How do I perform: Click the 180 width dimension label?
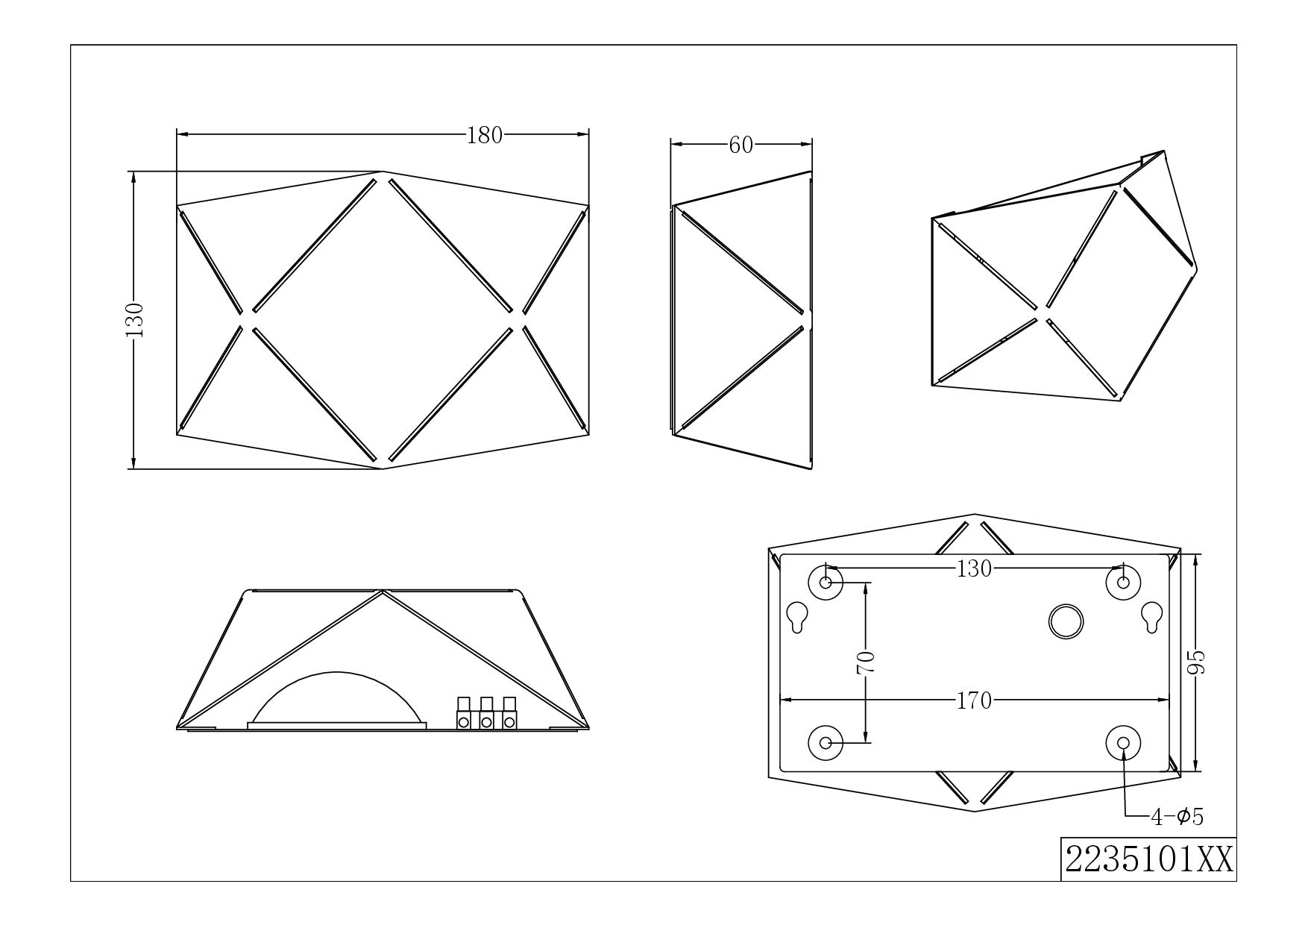(485, 135)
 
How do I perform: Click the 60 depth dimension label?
(741, 145)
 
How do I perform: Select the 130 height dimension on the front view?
(135, 319)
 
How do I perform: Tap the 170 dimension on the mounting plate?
(975, 700)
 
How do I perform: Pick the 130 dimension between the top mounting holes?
(975, 569)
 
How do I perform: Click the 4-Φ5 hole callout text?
(1177, 817)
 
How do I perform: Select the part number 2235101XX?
(1148, 859)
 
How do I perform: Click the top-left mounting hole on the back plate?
(826, 582)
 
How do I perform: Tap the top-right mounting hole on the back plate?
(1123, 582)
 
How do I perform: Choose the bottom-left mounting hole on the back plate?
(826, 741)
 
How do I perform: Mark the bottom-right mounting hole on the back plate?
(1123, 741)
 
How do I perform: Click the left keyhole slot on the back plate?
(797, 616)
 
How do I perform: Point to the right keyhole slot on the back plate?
(1152, 616)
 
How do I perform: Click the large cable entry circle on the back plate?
(1066, 621)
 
